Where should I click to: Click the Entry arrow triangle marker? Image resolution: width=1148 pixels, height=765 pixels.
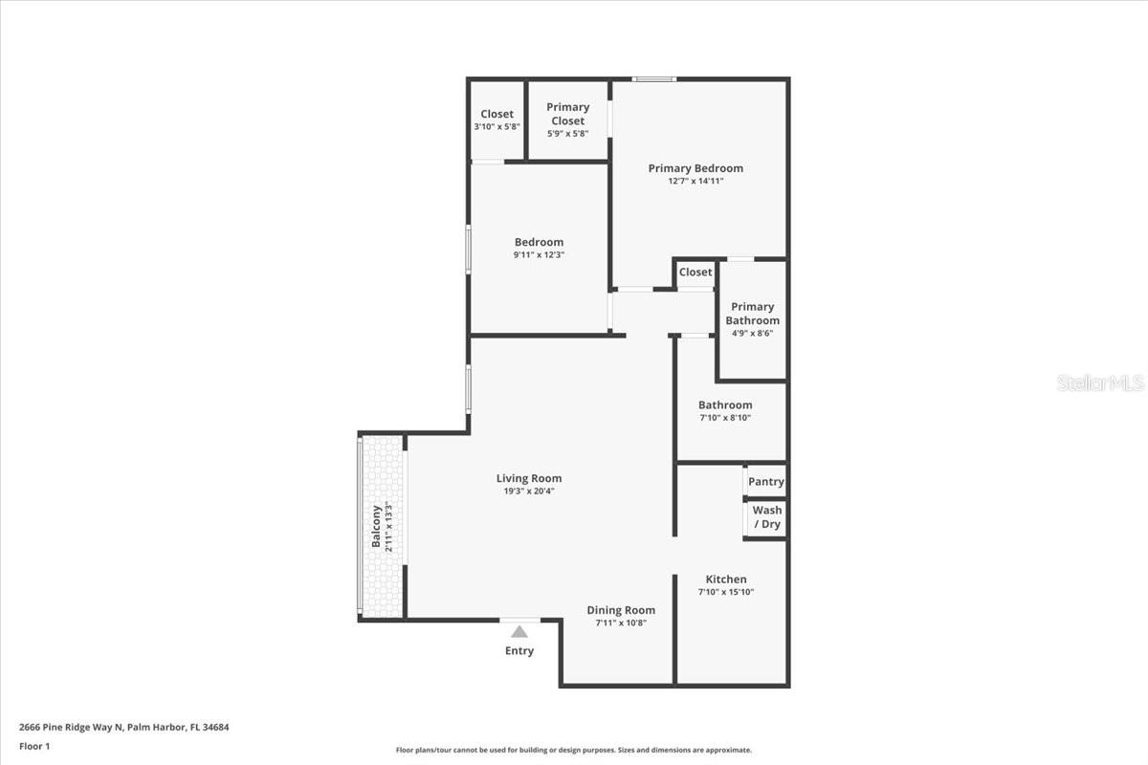pyautogui.click(x=519, y=631)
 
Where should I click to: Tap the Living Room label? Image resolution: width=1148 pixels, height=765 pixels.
pyautogui.click(x=529, y=478)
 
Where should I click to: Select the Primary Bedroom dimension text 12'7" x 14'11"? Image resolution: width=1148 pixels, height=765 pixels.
pyautogui.click(x=695, y=181)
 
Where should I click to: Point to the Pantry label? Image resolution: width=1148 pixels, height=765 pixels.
pyautogui.click(x=765, y=482)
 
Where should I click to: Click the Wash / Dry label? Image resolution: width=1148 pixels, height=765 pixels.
pyautogui.click(x=766, y=517)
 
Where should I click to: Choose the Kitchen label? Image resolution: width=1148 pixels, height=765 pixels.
pyautogui.click(x=726, y=579)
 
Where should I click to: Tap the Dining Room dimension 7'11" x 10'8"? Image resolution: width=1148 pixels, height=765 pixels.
pyautogui.click(x=621, y=623)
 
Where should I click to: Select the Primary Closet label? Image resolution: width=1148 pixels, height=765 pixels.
pyautogui.click(x=567, y=114)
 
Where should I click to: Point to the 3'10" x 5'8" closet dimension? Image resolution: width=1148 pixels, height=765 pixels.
pyautogui.click(x=497, y=127)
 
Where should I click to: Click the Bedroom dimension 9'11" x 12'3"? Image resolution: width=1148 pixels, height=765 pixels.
pyautogui.click(x=539, y=255)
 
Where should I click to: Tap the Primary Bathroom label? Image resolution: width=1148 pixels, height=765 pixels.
pyautogui.click(x=752, y=314)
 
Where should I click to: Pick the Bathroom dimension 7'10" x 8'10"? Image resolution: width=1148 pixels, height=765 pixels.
pyautogui.click(x=724, y=418)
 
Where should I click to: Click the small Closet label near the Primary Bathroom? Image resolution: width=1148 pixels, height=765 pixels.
pyautogui.click(x=695, y=273)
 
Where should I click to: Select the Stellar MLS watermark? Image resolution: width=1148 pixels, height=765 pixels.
pyautogui.click(x=1100, y=382)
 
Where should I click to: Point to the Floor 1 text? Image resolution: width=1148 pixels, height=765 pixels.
pyautogui.click(x=33, y=746)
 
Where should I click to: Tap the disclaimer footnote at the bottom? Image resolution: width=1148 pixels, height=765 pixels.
pyautogui.click(x=574, y=751)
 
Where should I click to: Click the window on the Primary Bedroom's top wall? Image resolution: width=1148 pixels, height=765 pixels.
pyautogui.click(x=654, y=78)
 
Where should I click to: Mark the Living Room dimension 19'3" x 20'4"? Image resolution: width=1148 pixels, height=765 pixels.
pyautogui.click(x=528, y=492)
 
